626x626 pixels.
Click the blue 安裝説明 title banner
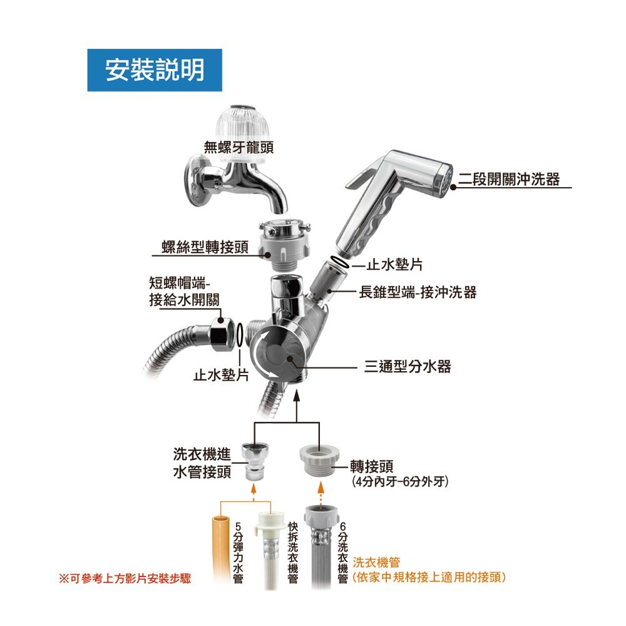[155, 70]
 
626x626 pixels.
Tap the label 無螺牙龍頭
[239, 147]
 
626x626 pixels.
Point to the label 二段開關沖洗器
[508, 180]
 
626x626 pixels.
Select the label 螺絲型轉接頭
[205, 248]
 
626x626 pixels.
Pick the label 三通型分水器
[408, 366]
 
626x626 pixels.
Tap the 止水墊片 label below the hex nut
[221, 375]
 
